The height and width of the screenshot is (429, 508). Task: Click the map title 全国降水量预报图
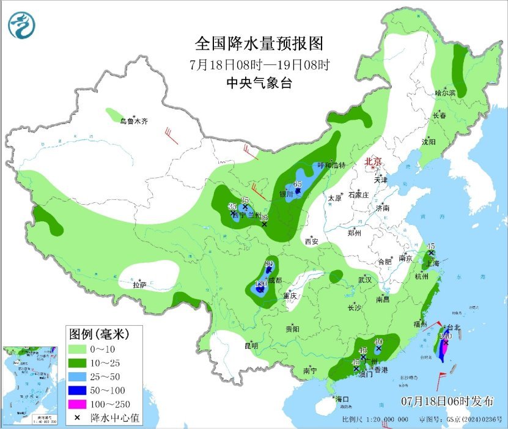click(258, 44)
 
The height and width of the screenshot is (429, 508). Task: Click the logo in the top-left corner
click(22, 25)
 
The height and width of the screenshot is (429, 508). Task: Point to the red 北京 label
click(373, 161)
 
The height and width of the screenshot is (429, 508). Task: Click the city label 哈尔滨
click(445, 94)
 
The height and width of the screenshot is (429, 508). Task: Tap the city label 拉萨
click(140, 285)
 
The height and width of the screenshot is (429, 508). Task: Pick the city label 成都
click(274, 280)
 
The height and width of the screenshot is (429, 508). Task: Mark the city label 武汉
click(365, 279)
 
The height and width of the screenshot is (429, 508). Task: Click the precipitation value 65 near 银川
click(298, 185)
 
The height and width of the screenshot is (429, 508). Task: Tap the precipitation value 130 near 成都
click(259, 284)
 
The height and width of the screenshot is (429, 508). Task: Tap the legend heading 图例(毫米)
click(98, 334)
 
